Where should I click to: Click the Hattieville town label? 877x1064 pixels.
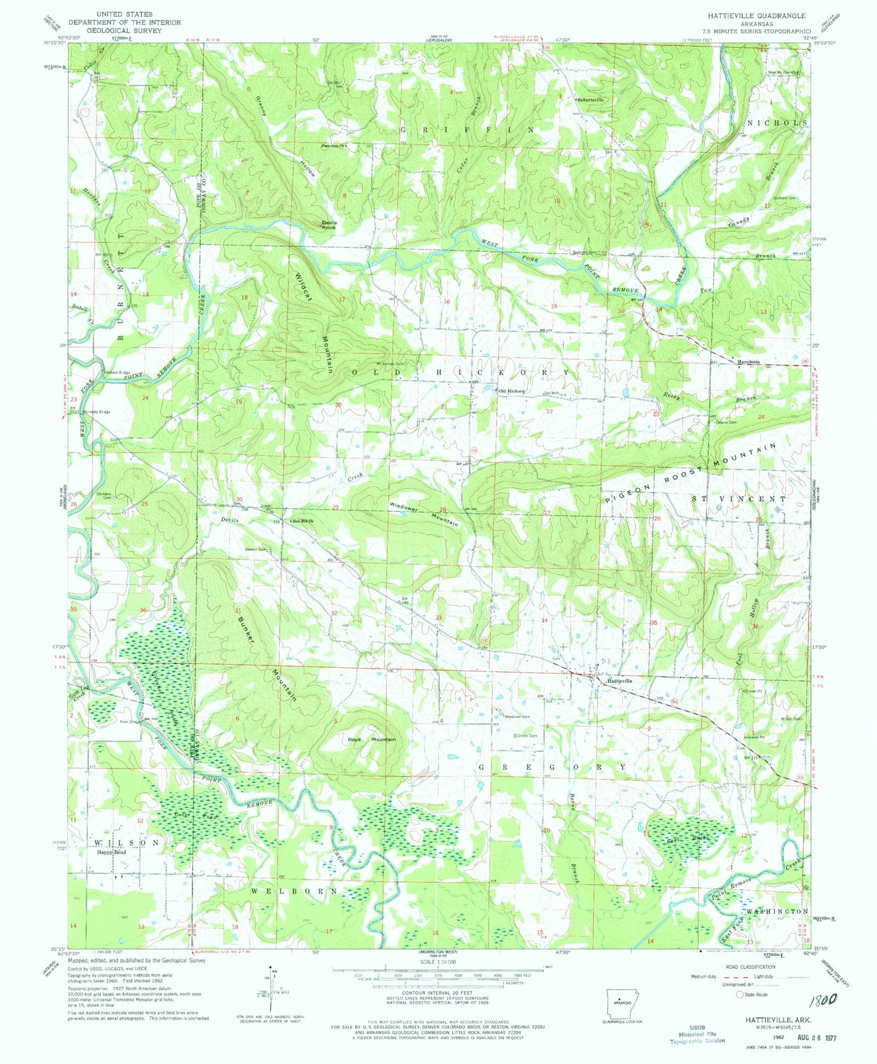coord(620,681)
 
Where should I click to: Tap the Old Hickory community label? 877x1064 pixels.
coord(511,391)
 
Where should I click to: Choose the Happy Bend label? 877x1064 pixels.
coord(112,852)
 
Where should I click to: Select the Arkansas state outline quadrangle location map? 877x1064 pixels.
coord(619,1002)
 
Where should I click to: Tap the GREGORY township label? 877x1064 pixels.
coord(552,767)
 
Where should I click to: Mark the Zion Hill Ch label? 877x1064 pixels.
coord(302,521)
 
